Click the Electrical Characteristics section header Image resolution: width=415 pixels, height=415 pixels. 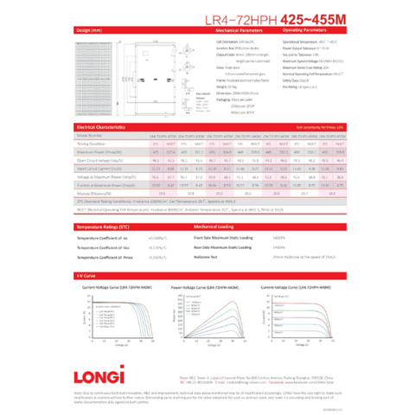(106, 126)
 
